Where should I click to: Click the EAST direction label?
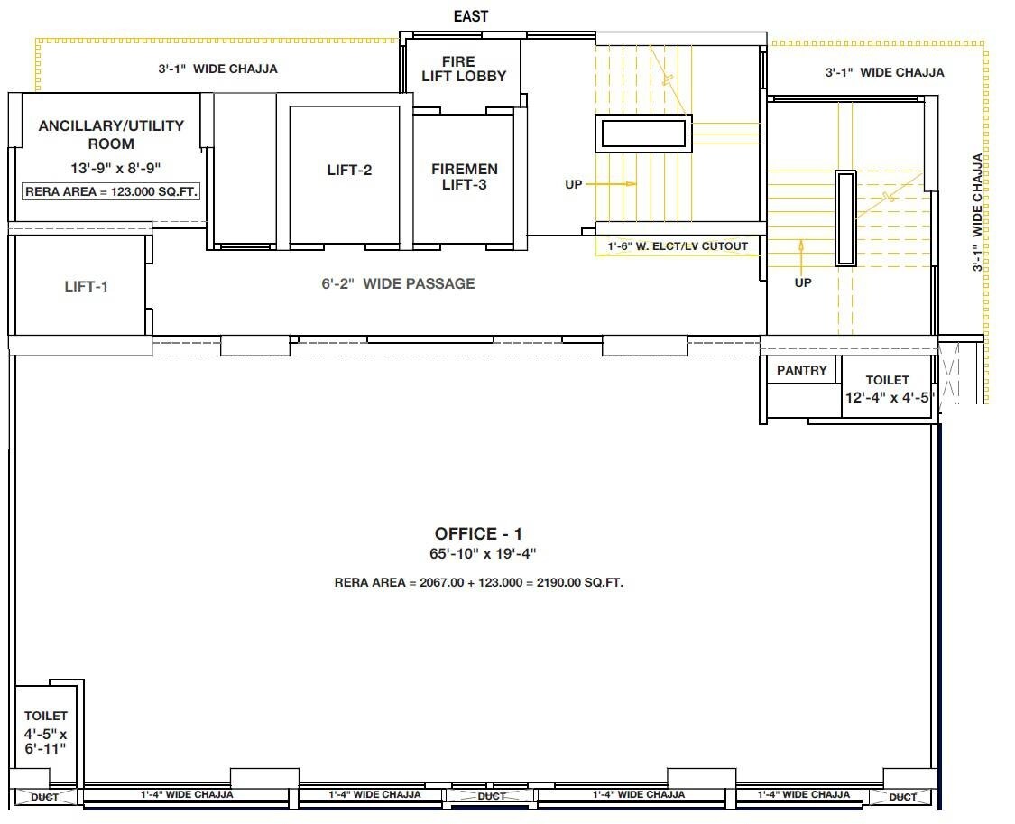[x=470, y=16]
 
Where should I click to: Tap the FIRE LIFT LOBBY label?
[x=464, y=69]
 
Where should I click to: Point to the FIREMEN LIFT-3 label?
[x=464, y=177]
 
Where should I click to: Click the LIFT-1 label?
[x=87, y=287]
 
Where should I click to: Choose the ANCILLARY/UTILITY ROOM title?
[x=111, y=134]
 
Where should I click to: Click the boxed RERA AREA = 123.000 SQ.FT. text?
[x=112, y=191]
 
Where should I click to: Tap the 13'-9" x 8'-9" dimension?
[x=111, y=168]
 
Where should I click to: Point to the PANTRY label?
[x=801, y=370]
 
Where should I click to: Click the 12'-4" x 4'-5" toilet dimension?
[x=887, y=397]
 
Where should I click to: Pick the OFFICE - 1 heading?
[x=478, y=534]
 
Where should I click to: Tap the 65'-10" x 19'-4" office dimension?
[x=478, y=554]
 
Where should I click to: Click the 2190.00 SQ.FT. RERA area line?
[x=478, y=583]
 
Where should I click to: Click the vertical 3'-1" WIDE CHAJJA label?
[x=977, y=212]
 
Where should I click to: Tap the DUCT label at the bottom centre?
[x=491, y=797]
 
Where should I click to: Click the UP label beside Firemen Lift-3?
[x=574, y=184]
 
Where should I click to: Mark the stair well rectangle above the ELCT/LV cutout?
[x=643, y=134]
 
